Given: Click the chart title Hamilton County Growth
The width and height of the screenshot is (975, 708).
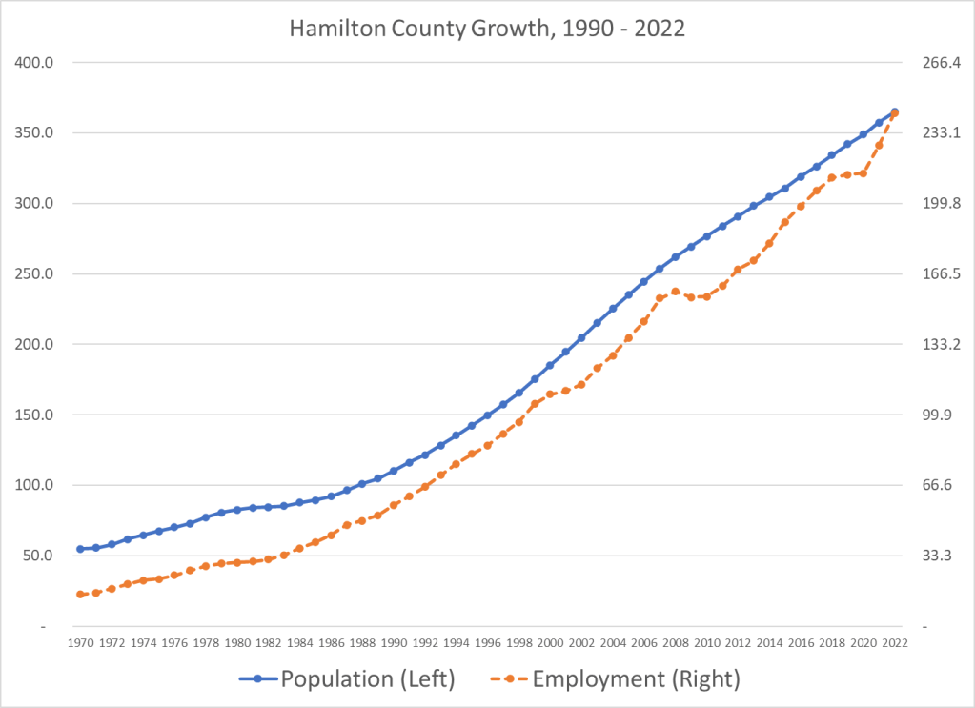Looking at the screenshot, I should click(x=487, y=28).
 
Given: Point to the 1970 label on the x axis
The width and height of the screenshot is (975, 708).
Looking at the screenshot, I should click(x=80, y=643).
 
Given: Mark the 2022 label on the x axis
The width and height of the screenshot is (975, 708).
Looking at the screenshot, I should click(x=895, y=643).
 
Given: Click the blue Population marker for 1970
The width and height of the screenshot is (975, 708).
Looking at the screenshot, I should click(x=80, y=549).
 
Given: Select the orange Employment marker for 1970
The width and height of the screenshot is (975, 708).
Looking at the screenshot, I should click(x=80, y=595).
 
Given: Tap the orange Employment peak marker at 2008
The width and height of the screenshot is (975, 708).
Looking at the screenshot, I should click(x=676, y=292).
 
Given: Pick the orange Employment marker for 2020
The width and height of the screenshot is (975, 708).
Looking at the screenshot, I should click(x=863, y=173).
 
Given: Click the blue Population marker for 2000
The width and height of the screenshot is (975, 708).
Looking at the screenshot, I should click(x=550, y=365).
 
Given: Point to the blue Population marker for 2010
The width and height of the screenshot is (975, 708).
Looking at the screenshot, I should click(x=707, y=236).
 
